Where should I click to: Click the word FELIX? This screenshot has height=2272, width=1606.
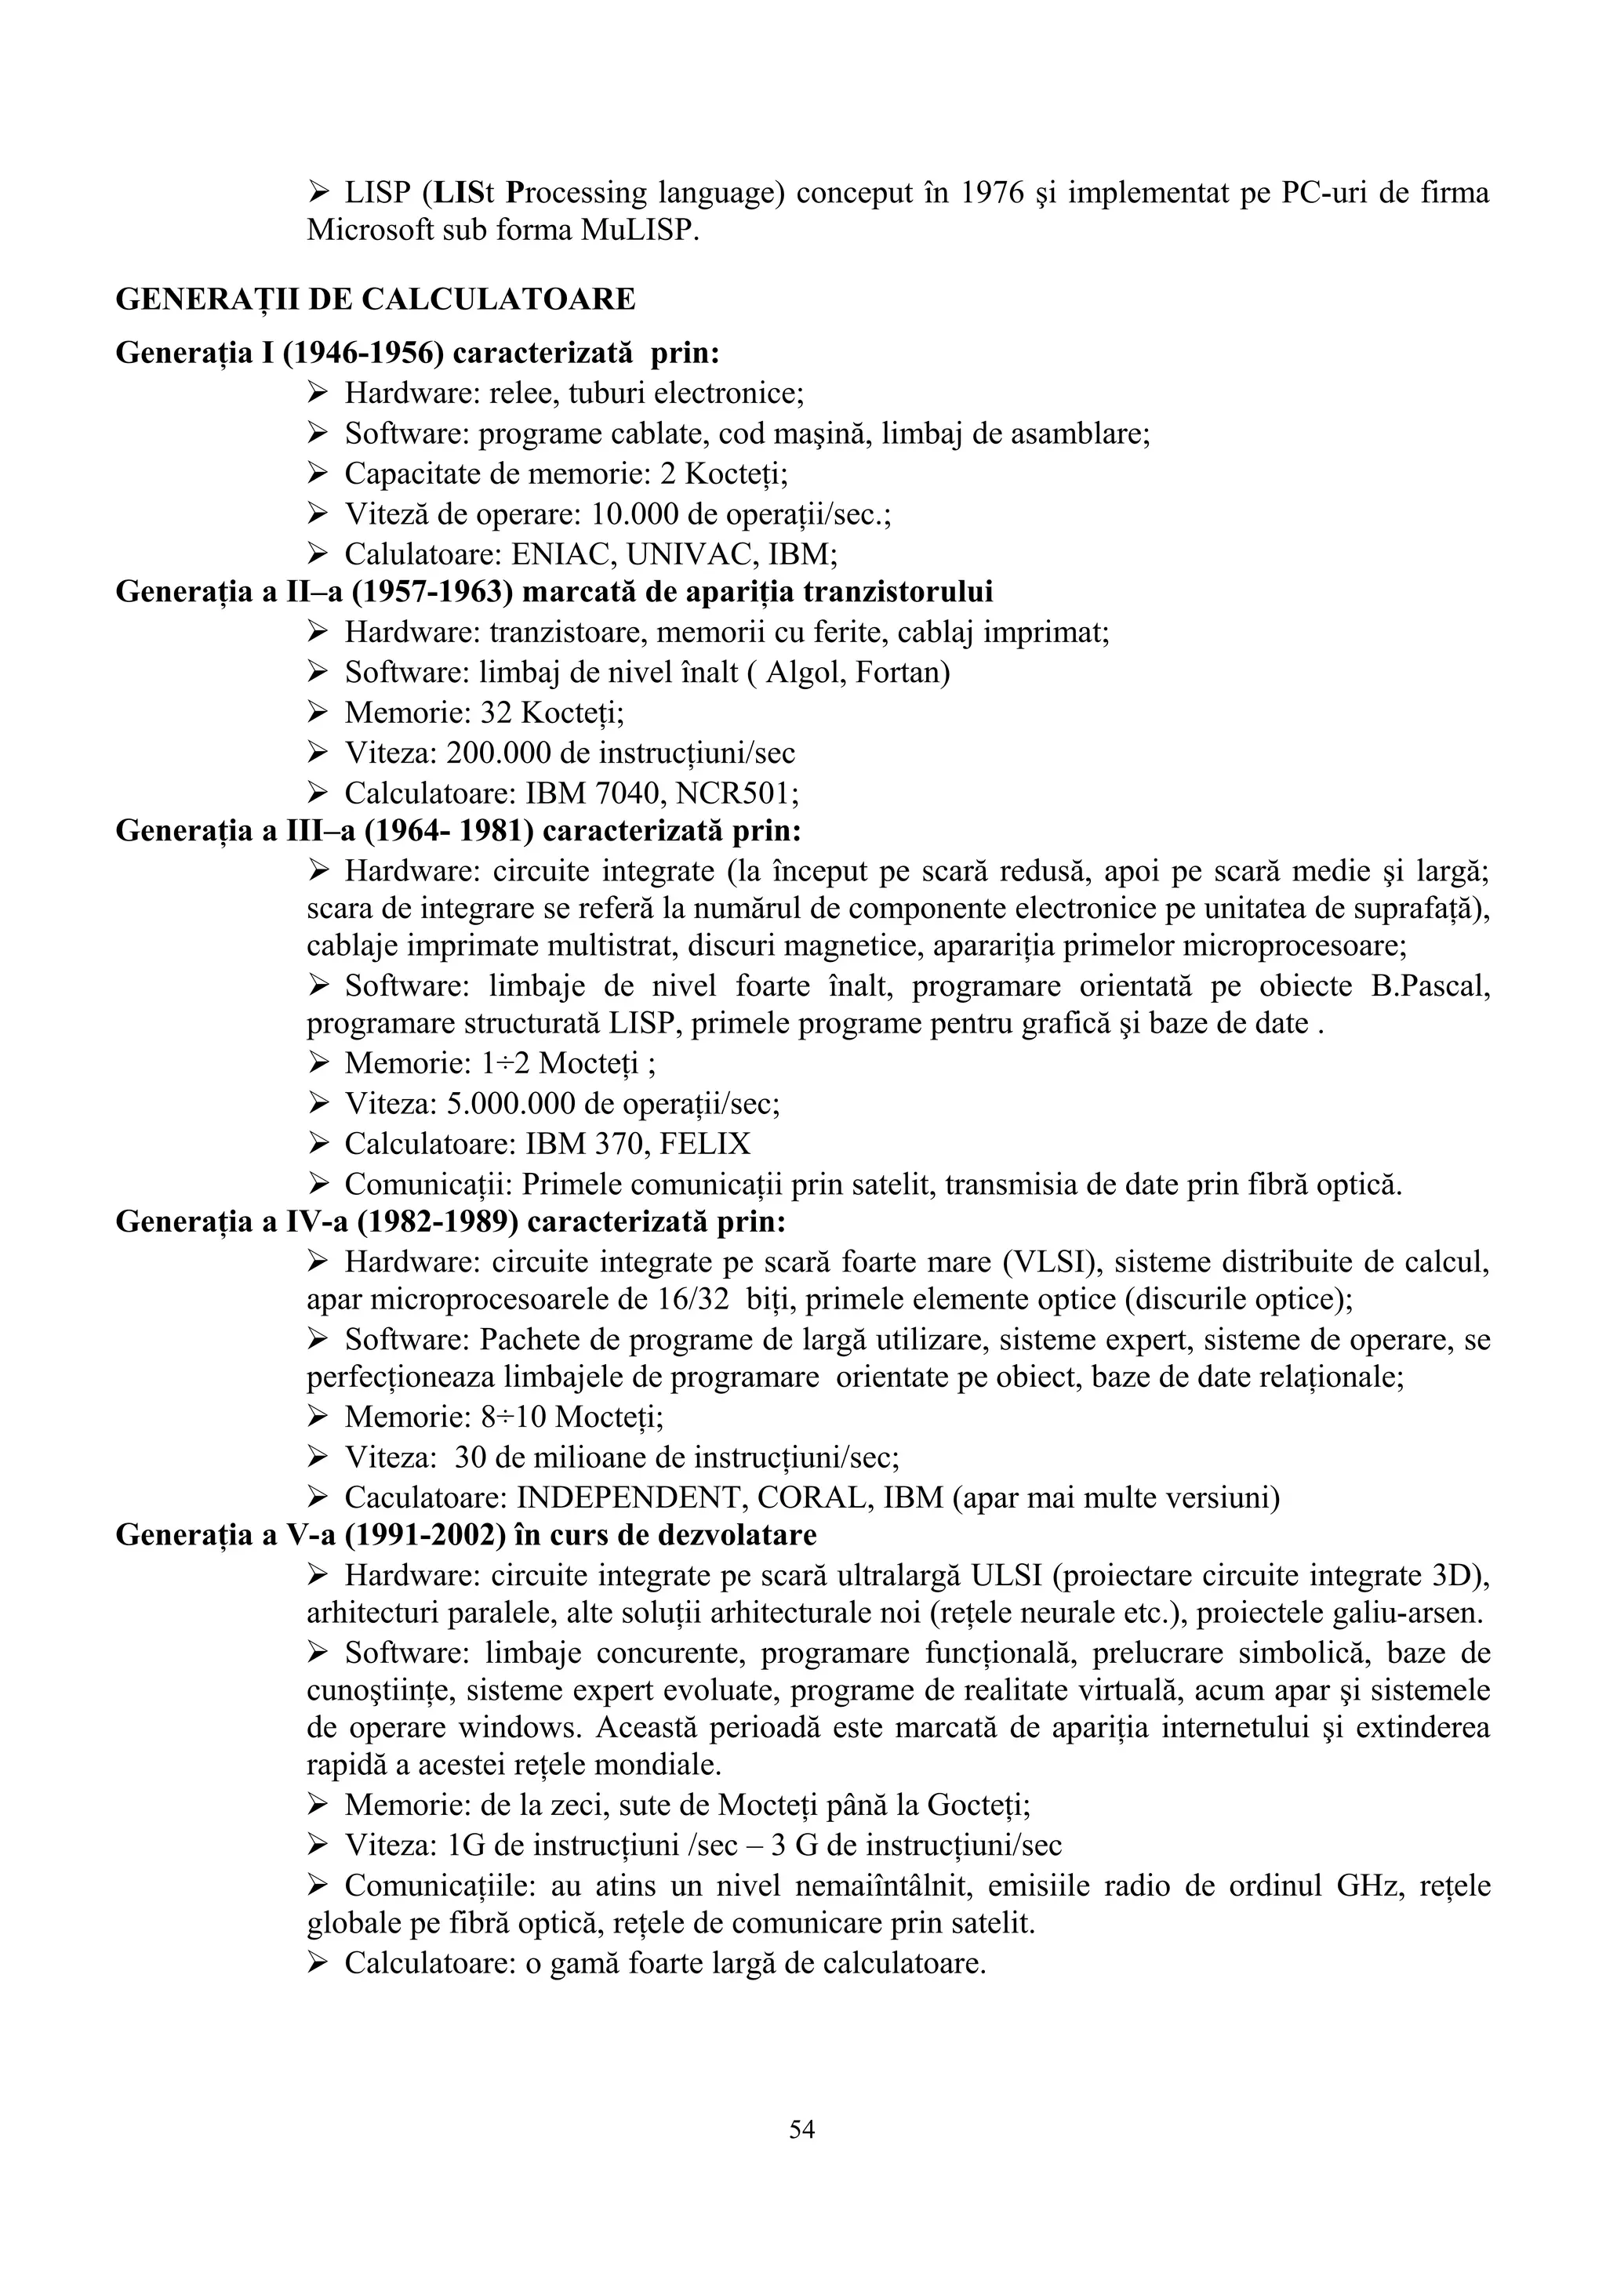pyautogui.click(x=704, y=1144)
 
